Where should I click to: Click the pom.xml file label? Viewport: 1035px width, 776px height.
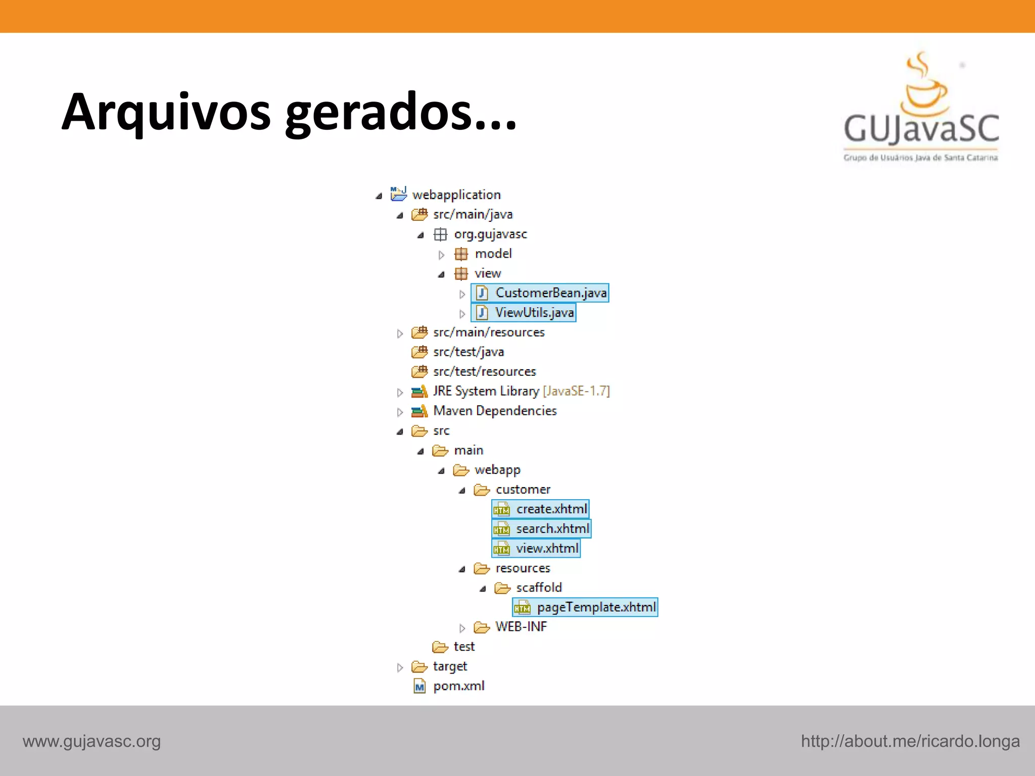[458, 686]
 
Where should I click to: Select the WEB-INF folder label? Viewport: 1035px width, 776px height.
[521, 627]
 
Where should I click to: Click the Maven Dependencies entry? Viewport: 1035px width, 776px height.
[495, 411]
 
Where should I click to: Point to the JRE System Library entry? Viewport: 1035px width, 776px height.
[521, 392]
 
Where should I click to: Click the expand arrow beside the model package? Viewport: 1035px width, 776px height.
[441, 255]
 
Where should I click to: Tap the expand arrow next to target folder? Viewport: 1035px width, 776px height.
[400, 668]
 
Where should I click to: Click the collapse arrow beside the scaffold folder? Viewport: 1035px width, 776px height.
[483, 589]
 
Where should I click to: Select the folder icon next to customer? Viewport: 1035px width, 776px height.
[482, 490]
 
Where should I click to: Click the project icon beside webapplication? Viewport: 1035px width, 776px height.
[398, 194]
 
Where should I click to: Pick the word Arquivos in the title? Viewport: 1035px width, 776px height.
[166, 112]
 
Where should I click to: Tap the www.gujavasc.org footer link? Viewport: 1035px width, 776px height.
[91, 741]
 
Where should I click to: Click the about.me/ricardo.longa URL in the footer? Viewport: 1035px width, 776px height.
[910, 741]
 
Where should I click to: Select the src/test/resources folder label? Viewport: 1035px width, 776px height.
[484, 372]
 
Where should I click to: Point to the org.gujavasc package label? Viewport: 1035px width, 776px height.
[490, 234]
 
